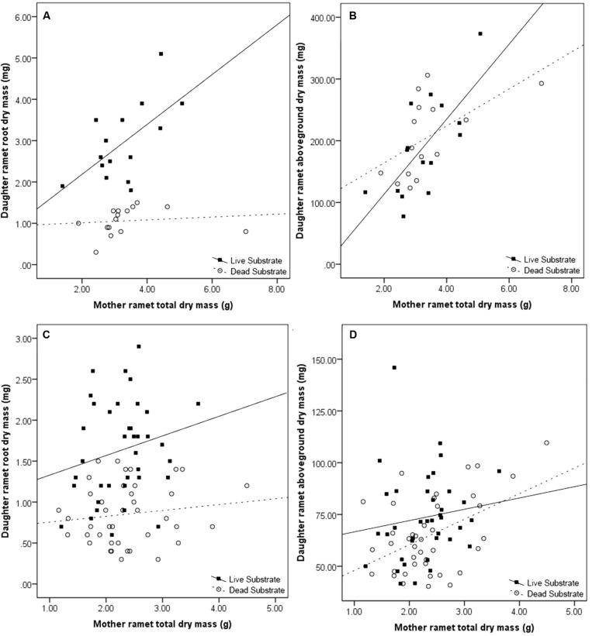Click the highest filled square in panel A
[x=161, y=53]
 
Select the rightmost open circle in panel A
[x=245, y=232]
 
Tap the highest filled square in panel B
[x=480, y=33]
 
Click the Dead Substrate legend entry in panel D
[x=542, y=591]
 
